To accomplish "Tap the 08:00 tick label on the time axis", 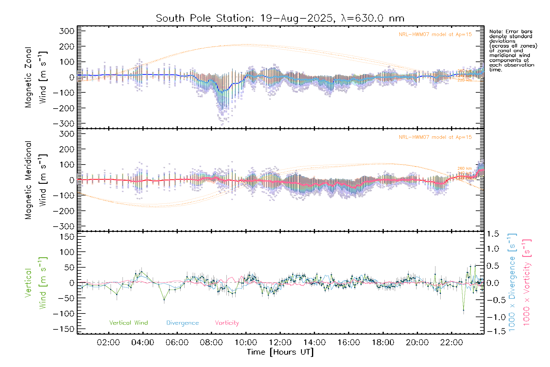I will pyautogui.click(x=211, y=343).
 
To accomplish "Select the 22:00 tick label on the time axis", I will pyautogui.click(x=451, y=343).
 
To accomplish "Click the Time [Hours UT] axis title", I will pyautogui.click(x=280, y=352).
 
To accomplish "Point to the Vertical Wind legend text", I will pyautogui.click(x=128, y=323).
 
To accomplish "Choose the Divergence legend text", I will pyautogui.click(x=182, y=323).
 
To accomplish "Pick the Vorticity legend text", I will pyautogui.click(x=227, y=323).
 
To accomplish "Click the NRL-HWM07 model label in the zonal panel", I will pyautogui.click(x=435, y=35).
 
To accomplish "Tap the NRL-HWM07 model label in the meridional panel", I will pyautogui.click(x=435, y=137).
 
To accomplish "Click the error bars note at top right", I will pyautogui.click(x=513, y=50).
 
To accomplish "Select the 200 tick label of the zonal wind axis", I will pyautogui.click(x=67, y=46).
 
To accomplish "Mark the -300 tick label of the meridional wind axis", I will pyautogui.click(x=64, y=226).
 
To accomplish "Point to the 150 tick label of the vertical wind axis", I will pyautogui.click(x=67, y=237).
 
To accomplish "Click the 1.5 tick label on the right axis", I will pyautogui.click(x=493, y=234).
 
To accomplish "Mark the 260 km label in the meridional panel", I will pyautogui.click(x=464, y=169).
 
